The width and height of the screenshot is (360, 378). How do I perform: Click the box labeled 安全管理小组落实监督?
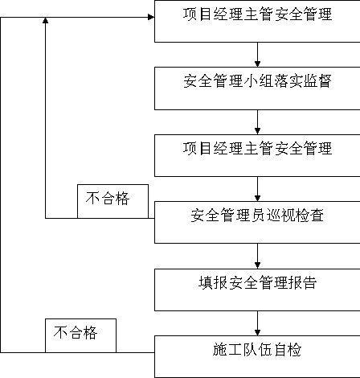(x=257, y=88)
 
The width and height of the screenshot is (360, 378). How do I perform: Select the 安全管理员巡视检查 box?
(x=257, y=223)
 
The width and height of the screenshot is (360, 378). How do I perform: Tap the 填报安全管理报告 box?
(x=257, y=290)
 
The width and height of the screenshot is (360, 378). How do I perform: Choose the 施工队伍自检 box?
(x=257, y=356)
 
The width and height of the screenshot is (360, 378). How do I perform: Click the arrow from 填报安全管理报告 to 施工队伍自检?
(x=257, y=323)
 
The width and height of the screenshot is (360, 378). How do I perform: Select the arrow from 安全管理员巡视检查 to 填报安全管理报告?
(x=257, y=257)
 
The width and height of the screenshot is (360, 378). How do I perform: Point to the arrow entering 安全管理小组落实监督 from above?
(x=257, y=55)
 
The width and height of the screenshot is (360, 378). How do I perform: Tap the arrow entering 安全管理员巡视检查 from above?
(x=257, y=189)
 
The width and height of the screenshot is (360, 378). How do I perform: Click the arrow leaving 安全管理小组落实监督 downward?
(x=257, y=122)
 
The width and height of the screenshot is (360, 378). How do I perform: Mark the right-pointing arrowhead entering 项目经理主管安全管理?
(x=151, y=17)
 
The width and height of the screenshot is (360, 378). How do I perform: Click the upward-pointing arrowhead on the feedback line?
(x=46, y=20)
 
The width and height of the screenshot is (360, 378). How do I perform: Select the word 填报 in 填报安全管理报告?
(x=213, y=282)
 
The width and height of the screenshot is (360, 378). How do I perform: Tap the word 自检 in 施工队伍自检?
(x=287, y=350)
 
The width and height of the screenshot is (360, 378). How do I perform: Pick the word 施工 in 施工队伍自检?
(x=227, y=350)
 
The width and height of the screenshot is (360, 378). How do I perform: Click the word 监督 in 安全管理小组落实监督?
(x=317, y=80)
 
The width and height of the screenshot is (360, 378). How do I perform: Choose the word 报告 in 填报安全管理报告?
(x=302, y=282)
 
